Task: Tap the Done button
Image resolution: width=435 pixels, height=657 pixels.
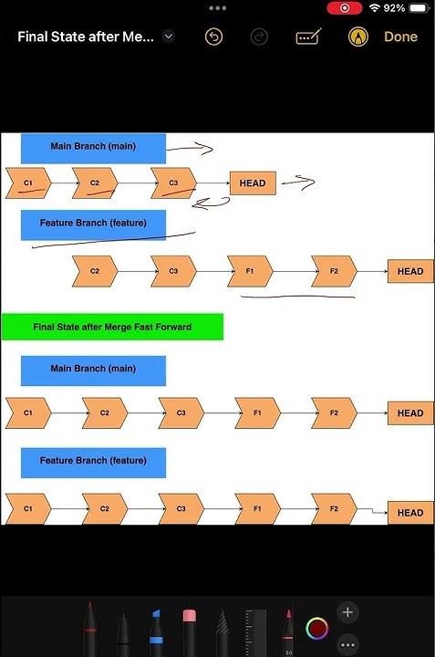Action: [x=400, y=36]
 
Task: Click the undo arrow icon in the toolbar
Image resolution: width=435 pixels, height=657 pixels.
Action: [x=213, y=36]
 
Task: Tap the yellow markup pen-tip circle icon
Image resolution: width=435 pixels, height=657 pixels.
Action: [x=358, y=36]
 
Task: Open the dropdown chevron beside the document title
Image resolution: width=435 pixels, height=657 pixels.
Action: [x=168, y=36]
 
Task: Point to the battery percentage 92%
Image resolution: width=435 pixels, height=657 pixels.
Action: [x=395, y=7]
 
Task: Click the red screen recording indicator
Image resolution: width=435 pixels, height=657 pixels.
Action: [x=344, y=7]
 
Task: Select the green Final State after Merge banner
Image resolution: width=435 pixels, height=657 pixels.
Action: [x=112, y=327]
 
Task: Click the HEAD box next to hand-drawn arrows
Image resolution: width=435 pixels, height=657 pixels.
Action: [x=253, y=183]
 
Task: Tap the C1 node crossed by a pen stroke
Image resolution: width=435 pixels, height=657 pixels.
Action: [x=28, y=183]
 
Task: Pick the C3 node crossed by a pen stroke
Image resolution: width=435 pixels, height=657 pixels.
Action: [x=174, y=183]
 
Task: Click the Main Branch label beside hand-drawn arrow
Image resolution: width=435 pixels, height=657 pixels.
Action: [x=93, y=147]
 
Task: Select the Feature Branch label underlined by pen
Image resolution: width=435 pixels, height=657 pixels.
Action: [x=93, y=224]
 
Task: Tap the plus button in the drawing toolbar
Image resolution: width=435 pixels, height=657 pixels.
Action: [x=347, y=612]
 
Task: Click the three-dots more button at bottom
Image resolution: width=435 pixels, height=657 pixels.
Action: [x=347, y=644]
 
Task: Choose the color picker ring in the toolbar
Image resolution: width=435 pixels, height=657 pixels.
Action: [x=316, y=628]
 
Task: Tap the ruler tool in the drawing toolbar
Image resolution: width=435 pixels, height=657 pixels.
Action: [x=256, y=631]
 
